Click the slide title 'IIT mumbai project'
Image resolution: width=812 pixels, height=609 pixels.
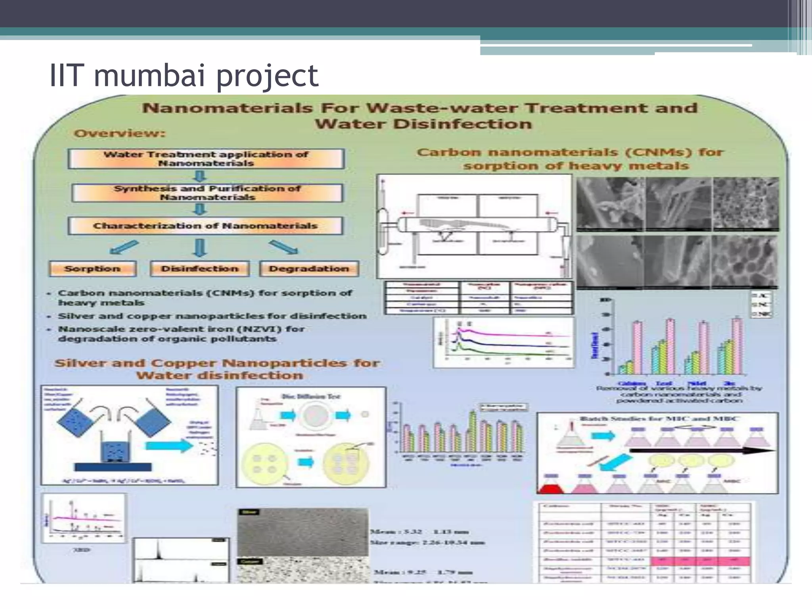click(x=184, y=76)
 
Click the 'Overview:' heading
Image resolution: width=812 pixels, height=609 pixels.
click(x=119, y=133)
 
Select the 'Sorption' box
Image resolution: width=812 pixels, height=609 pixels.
click(x=92, y=269)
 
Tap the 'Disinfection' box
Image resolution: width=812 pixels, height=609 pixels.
click(x=200, y=269)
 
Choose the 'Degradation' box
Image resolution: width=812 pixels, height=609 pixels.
click(x=309, y=269)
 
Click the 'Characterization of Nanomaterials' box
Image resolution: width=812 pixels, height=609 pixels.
click(x=205, y=226)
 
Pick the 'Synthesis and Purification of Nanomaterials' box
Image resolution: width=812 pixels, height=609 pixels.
click(x=207, y=193)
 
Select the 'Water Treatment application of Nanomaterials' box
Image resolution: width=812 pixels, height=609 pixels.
click(x=206, y=159)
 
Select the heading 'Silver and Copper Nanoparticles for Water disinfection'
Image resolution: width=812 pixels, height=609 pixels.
click(x=217, y=369)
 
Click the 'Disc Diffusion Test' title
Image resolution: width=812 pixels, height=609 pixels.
click(x=310, y=396)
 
